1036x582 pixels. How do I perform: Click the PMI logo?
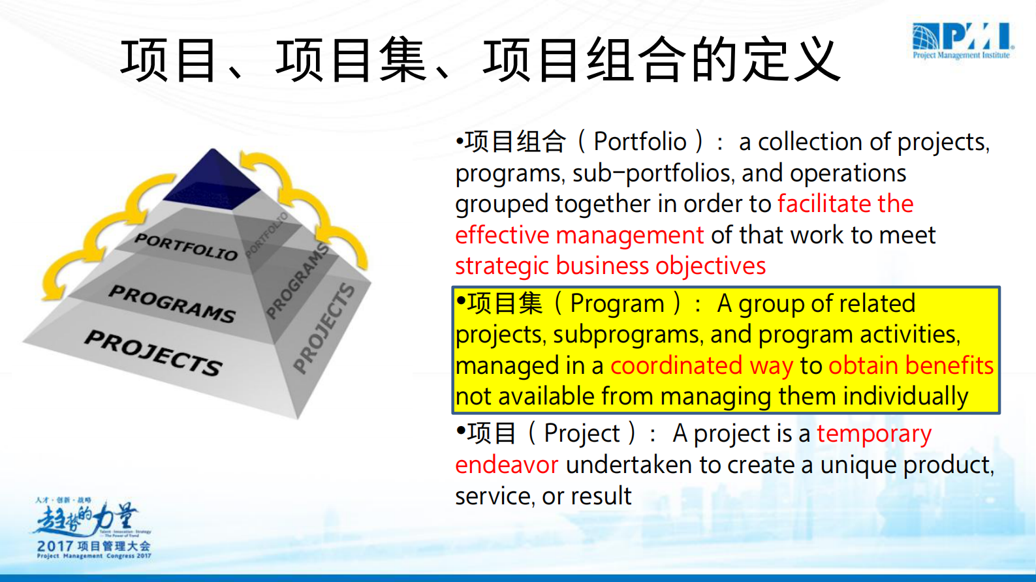pyautogui.click(x=963, y=40)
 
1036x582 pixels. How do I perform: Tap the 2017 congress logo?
pyautogui.click(x=93, y=528)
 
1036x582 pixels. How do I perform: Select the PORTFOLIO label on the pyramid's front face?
pyautogui.click(x=186, y=247)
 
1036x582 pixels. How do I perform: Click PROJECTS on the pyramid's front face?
pyautogui.click(x=154, y=352)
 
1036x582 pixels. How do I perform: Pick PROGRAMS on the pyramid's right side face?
pyautogui.click(x=298, y=281)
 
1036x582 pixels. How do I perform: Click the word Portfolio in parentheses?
pyautogui.click(x=640, y=142)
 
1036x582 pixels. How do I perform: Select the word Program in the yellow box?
pyautogui.click(x=617, y=303)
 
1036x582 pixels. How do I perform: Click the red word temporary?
pyautogui.click(x=874, y=434)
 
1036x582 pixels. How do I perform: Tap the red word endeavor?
pyautogui.click(x=507, y=465)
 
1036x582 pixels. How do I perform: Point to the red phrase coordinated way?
pyautogui.click(x=702, y=366)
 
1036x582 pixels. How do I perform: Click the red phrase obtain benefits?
pyautogui.click(x=911, y=366)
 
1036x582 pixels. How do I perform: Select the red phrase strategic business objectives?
pyautogui.click(x=610, y=266)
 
